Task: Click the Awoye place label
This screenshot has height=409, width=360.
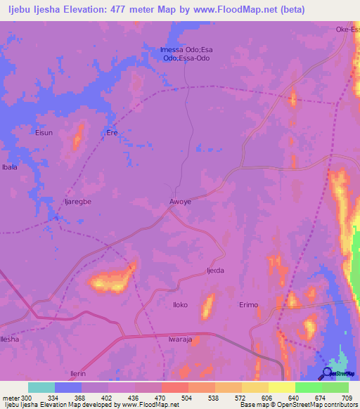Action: pyautogui.click(x=181, y=202)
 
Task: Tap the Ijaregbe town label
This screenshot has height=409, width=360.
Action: pyautogui.click(x=78, y=201)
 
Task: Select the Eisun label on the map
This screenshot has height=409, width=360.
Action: pyautogui.click(x=44, y=132)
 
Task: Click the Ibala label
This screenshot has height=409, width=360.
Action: pyautogui.click(x=10, y=167)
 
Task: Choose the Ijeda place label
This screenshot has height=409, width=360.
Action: pyautogui.click(x=215, y=271)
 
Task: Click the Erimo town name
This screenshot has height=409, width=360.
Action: pyautogui.click(x=249, y=305)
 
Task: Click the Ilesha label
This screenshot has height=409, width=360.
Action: pyautogui.click(x=10, y=339)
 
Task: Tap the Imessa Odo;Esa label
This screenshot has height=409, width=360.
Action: pyautogui.click(x=186, y=49)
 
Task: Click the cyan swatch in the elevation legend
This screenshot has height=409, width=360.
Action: pyautogui.click(x=41, y=387)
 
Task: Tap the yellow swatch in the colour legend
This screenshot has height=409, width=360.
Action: pyautogui.click(x=282, y=387)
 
